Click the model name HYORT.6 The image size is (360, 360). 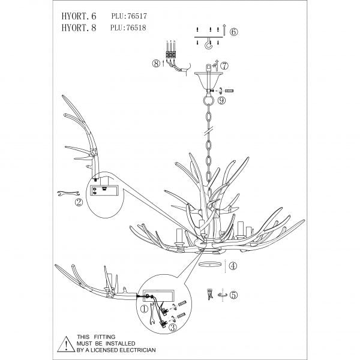76,16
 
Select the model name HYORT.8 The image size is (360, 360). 76,27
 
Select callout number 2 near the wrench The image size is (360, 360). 78,202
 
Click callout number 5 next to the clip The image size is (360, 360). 234,295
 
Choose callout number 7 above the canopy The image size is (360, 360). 224,65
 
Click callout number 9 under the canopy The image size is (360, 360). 222,101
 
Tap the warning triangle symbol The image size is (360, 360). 63,344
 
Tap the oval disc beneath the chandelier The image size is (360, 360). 210,264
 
